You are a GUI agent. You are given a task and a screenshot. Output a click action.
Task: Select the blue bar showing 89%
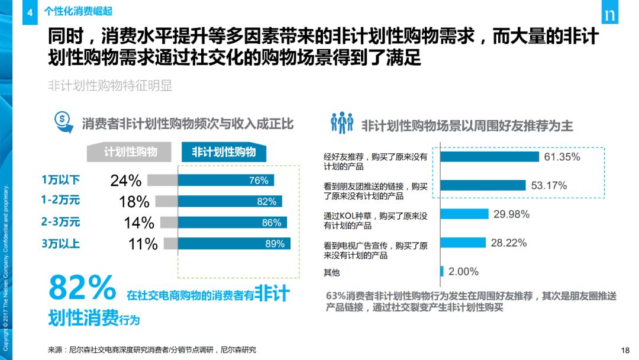(234, 243)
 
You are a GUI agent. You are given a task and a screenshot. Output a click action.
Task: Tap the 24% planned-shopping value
(125, 181)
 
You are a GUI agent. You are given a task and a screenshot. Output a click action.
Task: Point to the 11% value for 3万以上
(141, 243)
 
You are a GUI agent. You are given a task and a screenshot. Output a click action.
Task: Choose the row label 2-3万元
(60, 222)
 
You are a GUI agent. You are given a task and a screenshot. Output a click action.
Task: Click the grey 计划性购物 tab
(131, 152)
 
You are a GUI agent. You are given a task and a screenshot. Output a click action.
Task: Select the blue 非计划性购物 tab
(224, 152)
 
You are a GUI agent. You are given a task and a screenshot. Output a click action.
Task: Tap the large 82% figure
(82, 289)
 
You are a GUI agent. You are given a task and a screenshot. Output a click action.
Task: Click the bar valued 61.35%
(490, 157)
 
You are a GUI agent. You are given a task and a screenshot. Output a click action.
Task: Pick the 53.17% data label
(548, 185)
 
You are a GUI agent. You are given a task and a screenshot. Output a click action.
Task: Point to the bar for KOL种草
(464, 214)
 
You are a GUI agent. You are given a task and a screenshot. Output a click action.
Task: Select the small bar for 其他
(442, 271)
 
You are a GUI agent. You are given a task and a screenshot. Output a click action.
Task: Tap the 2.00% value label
(463, 271)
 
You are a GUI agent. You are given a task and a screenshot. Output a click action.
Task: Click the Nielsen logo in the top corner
(609, 15)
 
